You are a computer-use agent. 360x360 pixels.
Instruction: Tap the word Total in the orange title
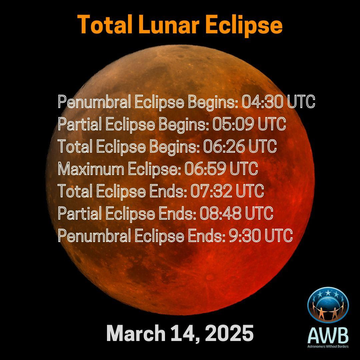(x=105, y=24)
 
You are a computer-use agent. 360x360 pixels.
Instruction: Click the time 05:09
(x=233, y=124)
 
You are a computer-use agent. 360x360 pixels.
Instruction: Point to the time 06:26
(x=224, y=146)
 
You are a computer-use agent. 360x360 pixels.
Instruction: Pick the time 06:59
(x=205, y=169)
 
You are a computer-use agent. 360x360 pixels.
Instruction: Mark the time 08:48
(x=221, y=213)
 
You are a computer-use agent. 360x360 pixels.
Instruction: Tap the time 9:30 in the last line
(x=245, y=236)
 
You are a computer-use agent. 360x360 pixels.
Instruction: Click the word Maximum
(x=91, y=169)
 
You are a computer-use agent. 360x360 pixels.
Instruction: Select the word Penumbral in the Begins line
(x=94, y=102)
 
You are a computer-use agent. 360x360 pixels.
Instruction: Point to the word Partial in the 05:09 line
(x=80, y=124)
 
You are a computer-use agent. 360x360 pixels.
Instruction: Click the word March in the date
(x=136, y=333)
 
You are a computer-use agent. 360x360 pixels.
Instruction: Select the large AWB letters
(x=328, y=336)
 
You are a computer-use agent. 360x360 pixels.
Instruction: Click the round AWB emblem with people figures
(x=328, y=305)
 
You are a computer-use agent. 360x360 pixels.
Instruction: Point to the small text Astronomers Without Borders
(x=328, y=346)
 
